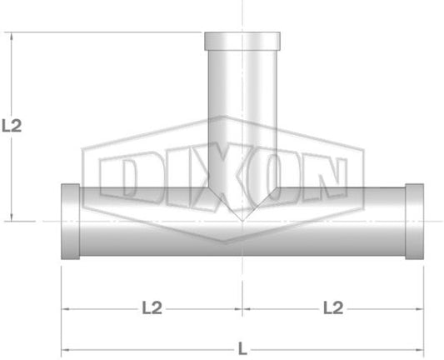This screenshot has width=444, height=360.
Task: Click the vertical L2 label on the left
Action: click(x=12, y=126)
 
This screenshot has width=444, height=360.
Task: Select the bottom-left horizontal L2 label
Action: click(x=152, y=307)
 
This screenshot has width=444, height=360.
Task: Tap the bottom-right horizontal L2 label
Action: click(x=333, y=307)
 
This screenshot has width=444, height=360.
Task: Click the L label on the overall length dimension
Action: click(x=242, y=348)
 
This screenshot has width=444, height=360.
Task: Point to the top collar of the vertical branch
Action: click(x=242, y=42)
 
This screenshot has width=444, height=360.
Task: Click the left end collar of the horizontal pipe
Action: click(x=71, y=222)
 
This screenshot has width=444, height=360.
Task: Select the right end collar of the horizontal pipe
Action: click(x=415, y=222)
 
